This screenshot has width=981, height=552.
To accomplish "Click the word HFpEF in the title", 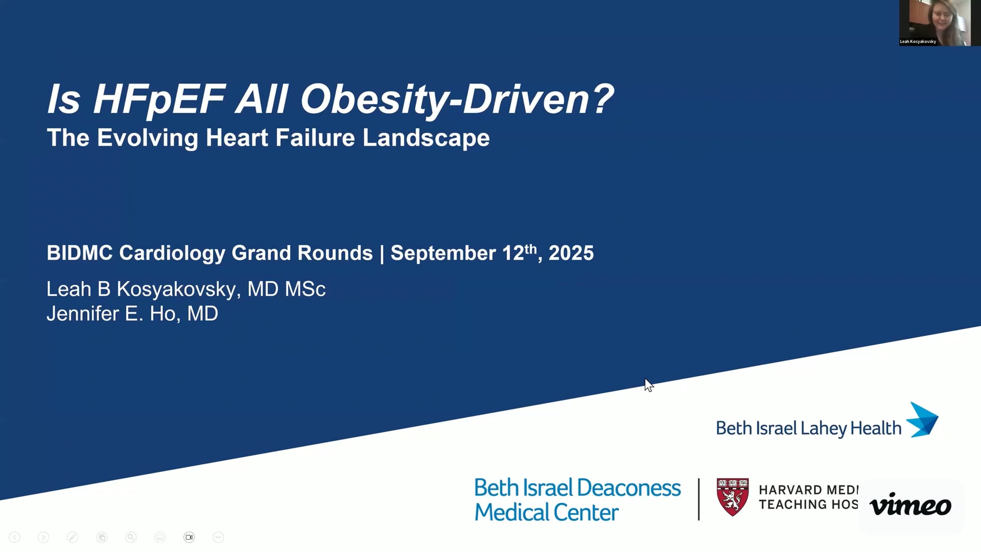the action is click(x=159, y=99).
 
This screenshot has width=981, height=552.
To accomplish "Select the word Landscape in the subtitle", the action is click(x=426, y=138).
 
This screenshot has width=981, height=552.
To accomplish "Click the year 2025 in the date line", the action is click(x=571, y=253).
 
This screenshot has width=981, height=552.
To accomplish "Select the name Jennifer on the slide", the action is click(x=83, y=314).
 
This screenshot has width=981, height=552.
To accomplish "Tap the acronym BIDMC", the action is click(x=80, y=253).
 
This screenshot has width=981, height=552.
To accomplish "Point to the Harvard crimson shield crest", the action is click(x=732, y=497).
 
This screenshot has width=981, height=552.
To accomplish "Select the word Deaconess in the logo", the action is click(x=629, y=488).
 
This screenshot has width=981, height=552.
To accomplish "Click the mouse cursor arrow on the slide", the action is click(x=649, y=385).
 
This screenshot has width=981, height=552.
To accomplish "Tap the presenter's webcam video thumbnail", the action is click(x=935, y=22).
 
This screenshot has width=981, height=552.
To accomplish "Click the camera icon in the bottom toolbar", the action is click(x=189, y=537).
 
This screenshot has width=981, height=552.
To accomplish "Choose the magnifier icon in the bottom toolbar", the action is click(x=131, y=537).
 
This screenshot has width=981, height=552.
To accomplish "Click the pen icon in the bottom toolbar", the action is click(x=72, y=537).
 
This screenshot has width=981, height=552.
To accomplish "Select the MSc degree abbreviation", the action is click(x=305, y=289).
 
